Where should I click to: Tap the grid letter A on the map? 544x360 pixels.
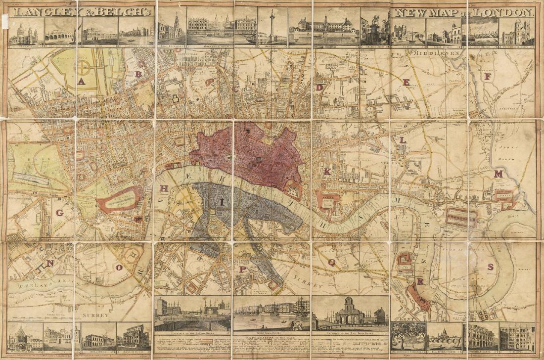coord(81,82)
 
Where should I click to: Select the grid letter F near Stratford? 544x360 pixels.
coord(488,77)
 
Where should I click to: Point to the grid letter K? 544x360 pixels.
coord(327,172)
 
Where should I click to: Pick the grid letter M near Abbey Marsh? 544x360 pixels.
coord(498,174)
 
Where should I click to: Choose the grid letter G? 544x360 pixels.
coord(59,213)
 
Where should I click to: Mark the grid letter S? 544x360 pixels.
coord(490,267)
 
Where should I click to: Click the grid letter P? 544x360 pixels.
coord(243,270)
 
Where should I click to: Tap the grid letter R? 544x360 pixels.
coord(420,281)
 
